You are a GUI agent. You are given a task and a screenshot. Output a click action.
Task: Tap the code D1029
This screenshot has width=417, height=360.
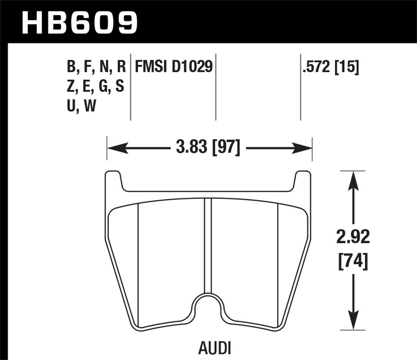(192, 67)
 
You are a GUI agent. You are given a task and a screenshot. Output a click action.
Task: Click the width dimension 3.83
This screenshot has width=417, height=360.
(192, 147)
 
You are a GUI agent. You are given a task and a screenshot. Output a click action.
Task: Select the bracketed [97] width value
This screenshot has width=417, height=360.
(225, 147)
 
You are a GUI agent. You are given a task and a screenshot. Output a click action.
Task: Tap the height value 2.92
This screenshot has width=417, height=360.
(353, 237)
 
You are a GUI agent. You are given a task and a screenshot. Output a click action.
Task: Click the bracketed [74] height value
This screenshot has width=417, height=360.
(353, 261)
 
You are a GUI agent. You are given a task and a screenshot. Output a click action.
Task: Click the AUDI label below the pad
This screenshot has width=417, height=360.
(215, 347)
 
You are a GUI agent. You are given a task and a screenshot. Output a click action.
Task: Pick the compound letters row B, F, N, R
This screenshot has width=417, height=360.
(96, 67)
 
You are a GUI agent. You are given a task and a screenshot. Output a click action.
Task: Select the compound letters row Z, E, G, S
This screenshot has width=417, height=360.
(95, 86)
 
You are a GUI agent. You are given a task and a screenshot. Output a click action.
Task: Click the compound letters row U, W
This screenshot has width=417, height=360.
(81, 106)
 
